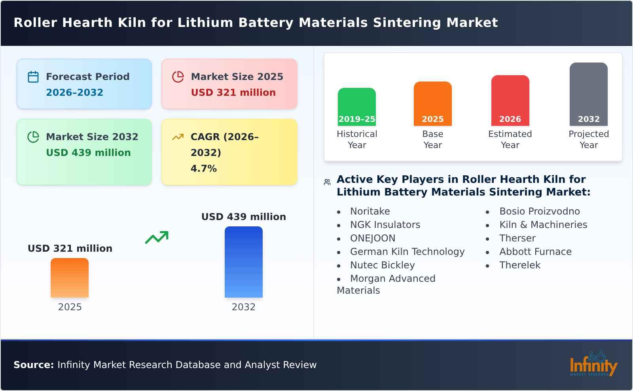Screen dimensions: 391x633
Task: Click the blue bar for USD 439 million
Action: click(243, 262)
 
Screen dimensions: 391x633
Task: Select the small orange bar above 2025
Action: click(70, 277)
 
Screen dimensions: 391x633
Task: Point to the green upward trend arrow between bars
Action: click(157, 237)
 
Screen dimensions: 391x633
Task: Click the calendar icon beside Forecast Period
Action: click(33, 77)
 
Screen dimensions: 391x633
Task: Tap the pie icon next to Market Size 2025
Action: click(178, 77)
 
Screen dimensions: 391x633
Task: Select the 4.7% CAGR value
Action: click(203, 169)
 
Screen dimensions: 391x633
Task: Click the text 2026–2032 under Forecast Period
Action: click(74, 93)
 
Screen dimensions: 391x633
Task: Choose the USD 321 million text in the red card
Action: click(233, 93)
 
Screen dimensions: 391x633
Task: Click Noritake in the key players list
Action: click(370, 211)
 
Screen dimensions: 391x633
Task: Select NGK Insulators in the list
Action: click(385, 225)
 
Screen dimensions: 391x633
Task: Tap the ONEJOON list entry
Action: click(373, 238)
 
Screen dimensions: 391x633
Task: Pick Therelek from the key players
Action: click(519, 265)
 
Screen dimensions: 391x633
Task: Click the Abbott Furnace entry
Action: click(535, 252)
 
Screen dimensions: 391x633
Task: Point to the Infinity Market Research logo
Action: click(593, 364)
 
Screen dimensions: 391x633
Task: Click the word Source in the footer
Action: click(33, 365)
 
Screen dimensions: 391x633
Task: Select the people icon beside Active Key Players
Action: click(327, 182)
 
